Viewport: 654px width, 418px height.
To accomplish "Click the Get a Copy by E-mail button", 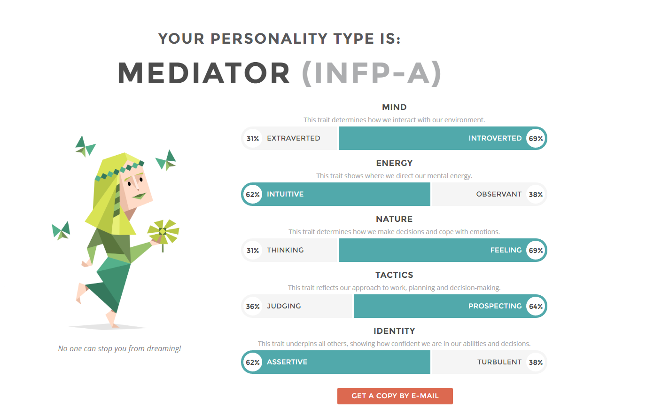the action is tap(395, 396).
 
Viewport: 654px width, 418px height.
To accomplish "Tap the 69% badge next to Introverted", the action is tap(536, 138).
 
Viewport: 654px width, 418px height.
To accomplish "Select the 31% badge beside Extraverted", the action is tap(253, 138).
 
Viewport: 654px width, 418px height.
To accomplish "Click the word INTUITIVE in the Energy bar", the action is tap(285, 194).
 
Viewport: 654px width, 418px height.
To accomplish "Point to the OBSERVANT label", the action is tap(498, 194).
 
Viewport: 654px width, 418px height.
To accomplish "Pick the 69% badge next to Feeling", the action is tap(536, 250).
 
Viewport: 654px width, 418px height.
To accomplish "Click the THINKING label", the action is tap(285, 250).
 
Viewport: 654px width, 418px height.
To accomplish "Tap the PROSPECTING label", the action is tap(495, 306).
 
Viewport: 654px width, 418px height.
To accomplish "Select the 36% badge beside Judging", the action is tap(253, 307).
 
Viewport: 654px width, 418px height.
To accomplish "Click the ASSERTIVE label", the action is tap(287, 362).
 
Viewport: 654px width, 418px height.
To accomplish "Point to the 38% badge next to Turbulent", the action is tap(536, 363).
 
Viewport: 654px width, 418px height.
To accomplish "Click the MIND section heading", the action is tap(394, 107).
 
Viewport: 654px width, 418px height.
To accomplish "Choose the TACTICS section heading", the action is tap(394, 275).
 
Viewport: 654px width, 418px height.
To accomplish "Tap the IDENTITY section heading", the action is tap(394, 331).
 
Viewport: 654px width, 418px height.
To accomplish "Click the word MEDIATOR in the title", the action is tap(203, 73).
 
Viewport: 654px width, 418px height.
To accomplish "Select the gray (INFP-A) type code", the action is tap(371, 73).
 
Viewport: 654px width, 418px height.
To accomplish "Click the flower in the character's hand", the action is tap(163, 233).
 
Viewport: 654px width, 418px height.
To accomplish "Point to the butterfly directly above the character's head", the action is tap(85, 146).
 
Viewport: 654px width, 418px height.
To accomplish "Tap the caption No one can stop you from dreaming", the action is tap(119, 348).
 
